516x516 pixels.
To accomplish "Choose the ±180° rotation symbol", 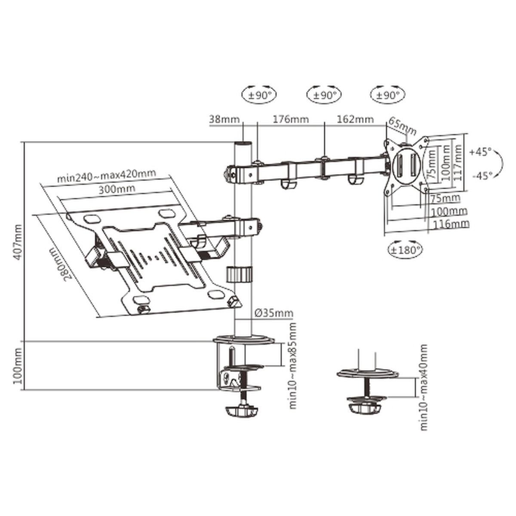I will [x=405, y=249].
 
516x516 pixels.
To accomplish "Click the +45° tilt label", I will [x=480, y=152].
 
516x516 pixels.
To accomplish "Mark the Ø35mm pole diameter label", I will [x=273, y=313].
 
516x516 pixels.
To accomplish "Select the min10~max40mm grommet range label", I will [x=424, y=387].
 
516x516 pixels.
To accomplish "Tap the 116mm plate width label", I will [x=451, y=224].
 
